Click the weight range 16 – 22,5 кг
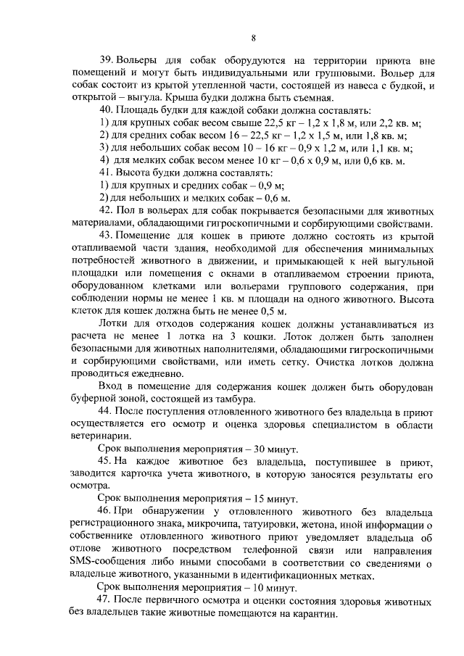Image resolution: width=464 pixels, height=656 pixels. (x=223, y=136)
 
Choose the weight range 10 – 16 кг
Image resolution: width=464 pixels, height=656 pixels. (x=227, y=148)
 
